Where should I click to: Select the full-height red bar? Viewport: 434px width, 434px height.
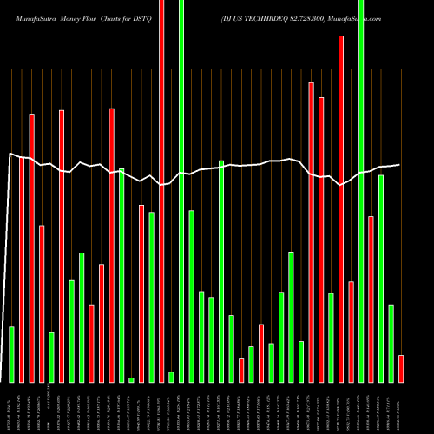coord(161,191)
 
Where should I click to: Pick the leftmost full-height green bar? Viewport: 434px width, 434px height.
coord(181,191)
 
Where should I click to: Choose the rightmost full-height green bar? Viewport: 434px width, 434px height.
coord(361,191)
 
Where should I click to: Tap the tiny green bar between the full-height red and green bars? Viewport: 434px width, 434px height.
coord(171,377)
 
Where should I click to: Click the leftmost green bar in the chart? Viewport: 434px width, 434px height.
coord(11,354)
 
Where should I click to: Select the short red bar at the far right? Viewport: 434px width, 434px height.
coord(400,368)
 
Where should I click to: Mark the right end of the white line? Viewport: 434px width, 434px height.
coord(399,165)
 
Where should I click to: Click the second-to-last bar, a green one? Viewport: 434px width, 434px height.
coord(391,343)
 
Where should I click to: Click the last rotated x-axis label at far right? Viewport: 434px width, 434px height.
coord(400,406)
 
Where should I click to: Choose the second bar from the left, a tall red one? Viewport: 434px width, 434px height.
coord(22,269)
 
